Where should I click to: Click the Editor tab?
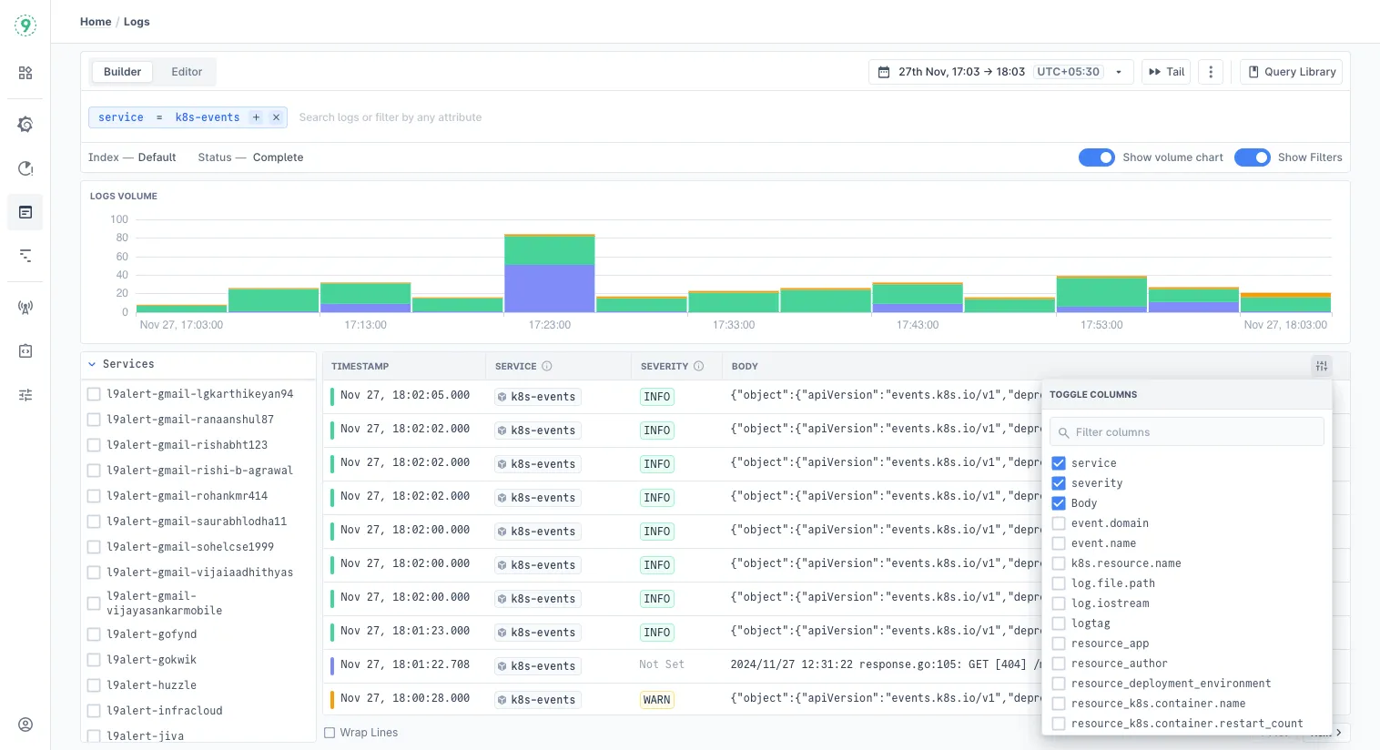point(187,72)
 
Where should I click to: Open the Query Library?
point(1291,72)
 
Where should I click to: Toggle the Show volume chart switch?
point(1096,157)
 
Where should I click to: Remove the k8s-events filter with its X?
point(276,117)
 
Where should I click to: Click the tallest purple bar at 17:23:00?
point(549,289)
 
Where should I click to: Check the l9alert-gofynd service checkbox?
point(94,634)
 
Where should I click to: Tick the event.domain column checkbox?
point(1059,523)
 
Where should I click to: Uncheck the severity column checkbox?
point(1059,483)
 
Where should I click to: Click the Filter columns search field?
point(1187,432)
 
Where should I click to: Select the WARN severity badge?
point(656,700)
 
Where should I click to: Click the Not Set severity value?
point(662,664)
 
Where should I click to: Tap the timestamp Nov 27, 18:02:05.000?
point(405,395)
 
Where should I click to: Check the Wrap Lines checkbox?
point(330,733)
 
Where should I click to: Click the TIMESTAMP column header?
point(360,366)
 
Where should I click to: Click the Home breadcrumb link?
point(96,22)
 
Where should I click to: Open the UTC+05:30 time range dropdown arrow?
point(1119,72)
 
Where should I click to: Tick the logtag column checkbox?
point(1059,623)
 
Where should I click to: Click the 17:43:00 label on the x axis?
point(918,325)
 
